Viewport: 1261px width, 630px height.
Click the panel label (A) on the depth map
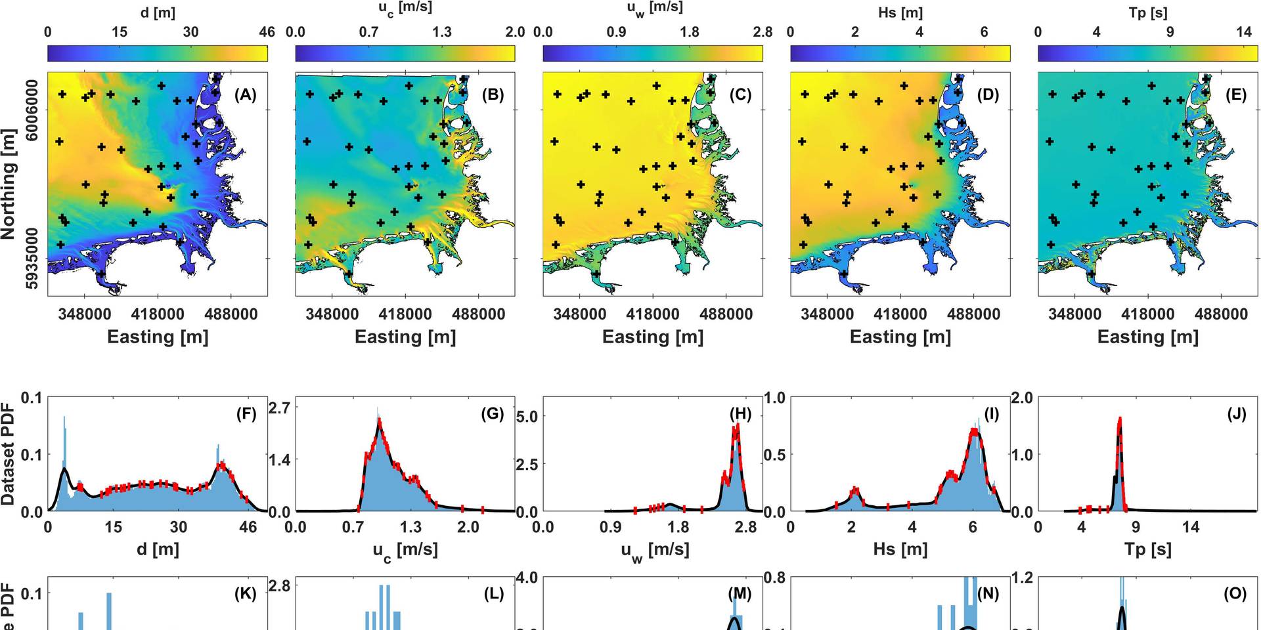tap(245, 95)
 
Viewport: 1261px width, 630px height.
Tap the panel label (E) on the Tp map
tap(1235, 95)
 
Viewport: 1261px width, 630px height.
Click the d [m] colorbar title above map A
tap(158, 12)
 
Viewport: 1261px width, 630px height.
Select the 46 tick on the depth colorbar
tap(267, 32)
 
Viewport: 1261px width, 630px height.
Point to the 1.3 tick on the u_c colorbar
tap(441, 32)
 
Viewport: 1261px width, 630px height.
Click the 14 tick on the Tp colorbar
tap(1244, 32)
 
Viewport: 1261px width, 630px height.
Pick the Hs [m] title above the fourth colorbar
tap(900, 12)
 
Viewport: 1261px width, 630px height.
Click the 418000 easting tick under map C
tap(652, 314)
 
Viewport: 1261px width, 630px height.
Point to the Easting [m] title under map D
tap(900, 337)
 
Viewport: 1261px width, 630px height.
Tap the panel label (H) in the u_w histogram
tap(740, 414)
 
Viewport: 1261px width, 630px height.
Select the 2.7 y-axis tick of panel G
tap(280, 408)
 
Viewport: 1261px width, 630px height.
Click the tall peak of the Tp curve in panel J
tap(1120, 419)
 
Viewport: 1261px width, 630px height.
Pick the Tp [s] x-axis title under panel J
tap(1147, 549)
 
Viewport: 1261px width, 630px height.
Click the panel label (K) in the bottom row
tap(245, 594)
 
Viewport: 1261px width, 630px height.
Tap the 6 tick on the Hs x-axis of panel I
tap(973, 527)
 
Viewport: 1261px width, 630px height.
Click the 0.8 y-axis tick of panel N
tap(776, 578)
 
